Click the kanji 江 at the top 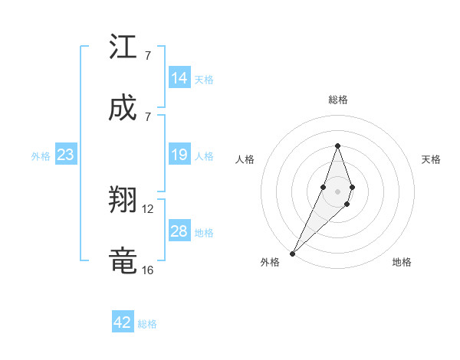[x=123, y=49]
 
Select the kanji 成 [x=123, y=108]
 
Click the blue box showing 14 [x=179, y=78]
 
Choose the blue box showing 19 [x=179, y=155]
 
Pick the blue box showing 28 [x=179, y=231]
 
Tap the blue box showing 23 [x=66, y=155]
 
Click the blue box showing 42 [x=123, y=322]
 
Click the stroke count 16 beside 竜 [x=148, y=270]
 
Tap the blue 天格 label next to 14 [x=204, y=79]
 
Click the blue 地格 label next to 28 [x=204, y=232]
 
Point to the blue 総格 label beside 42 [x=147, y=323]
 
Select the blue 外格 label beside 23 [x=41, y=156]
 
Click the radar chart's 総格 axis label [x=338, y=100]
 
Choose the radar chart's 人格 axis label [x=245, y=159]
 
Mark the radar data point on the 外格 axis [x=293, y=252]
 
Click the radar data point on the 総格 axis [x=337, y=146]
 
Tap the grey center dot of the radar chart [x=337, y=191]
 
